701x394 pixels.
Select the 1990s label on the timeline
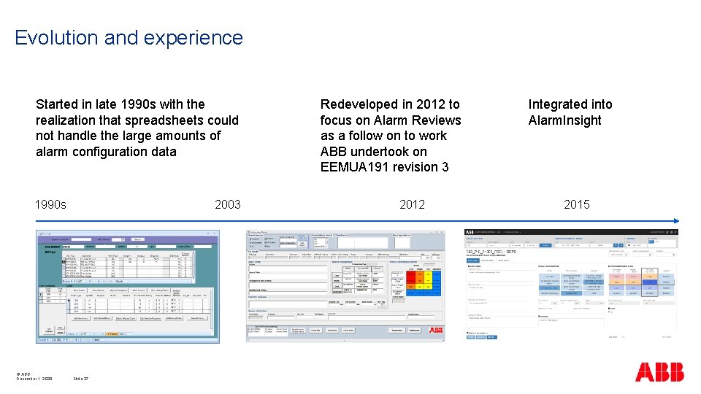(x=51, y=204)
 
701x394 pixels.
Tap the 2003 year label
(x=227, y=204)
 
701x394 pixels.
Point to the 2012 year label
(x=412, y=204)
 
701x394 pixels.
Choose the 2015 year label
(x=576, y=204)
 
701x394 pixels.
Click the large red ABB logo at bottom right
(x=659, y=371)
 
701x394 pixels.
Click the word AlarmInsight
(x=564, y=120)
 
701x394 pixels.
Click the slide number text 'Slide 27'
(x=80, y=379)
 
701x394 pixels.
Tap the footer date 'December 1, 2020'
(x=34, y=379)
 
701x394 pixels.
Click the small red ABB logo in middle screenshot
(x=436, y=331)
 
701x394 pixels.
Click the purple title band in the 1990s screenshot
(x=128, y=239)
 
